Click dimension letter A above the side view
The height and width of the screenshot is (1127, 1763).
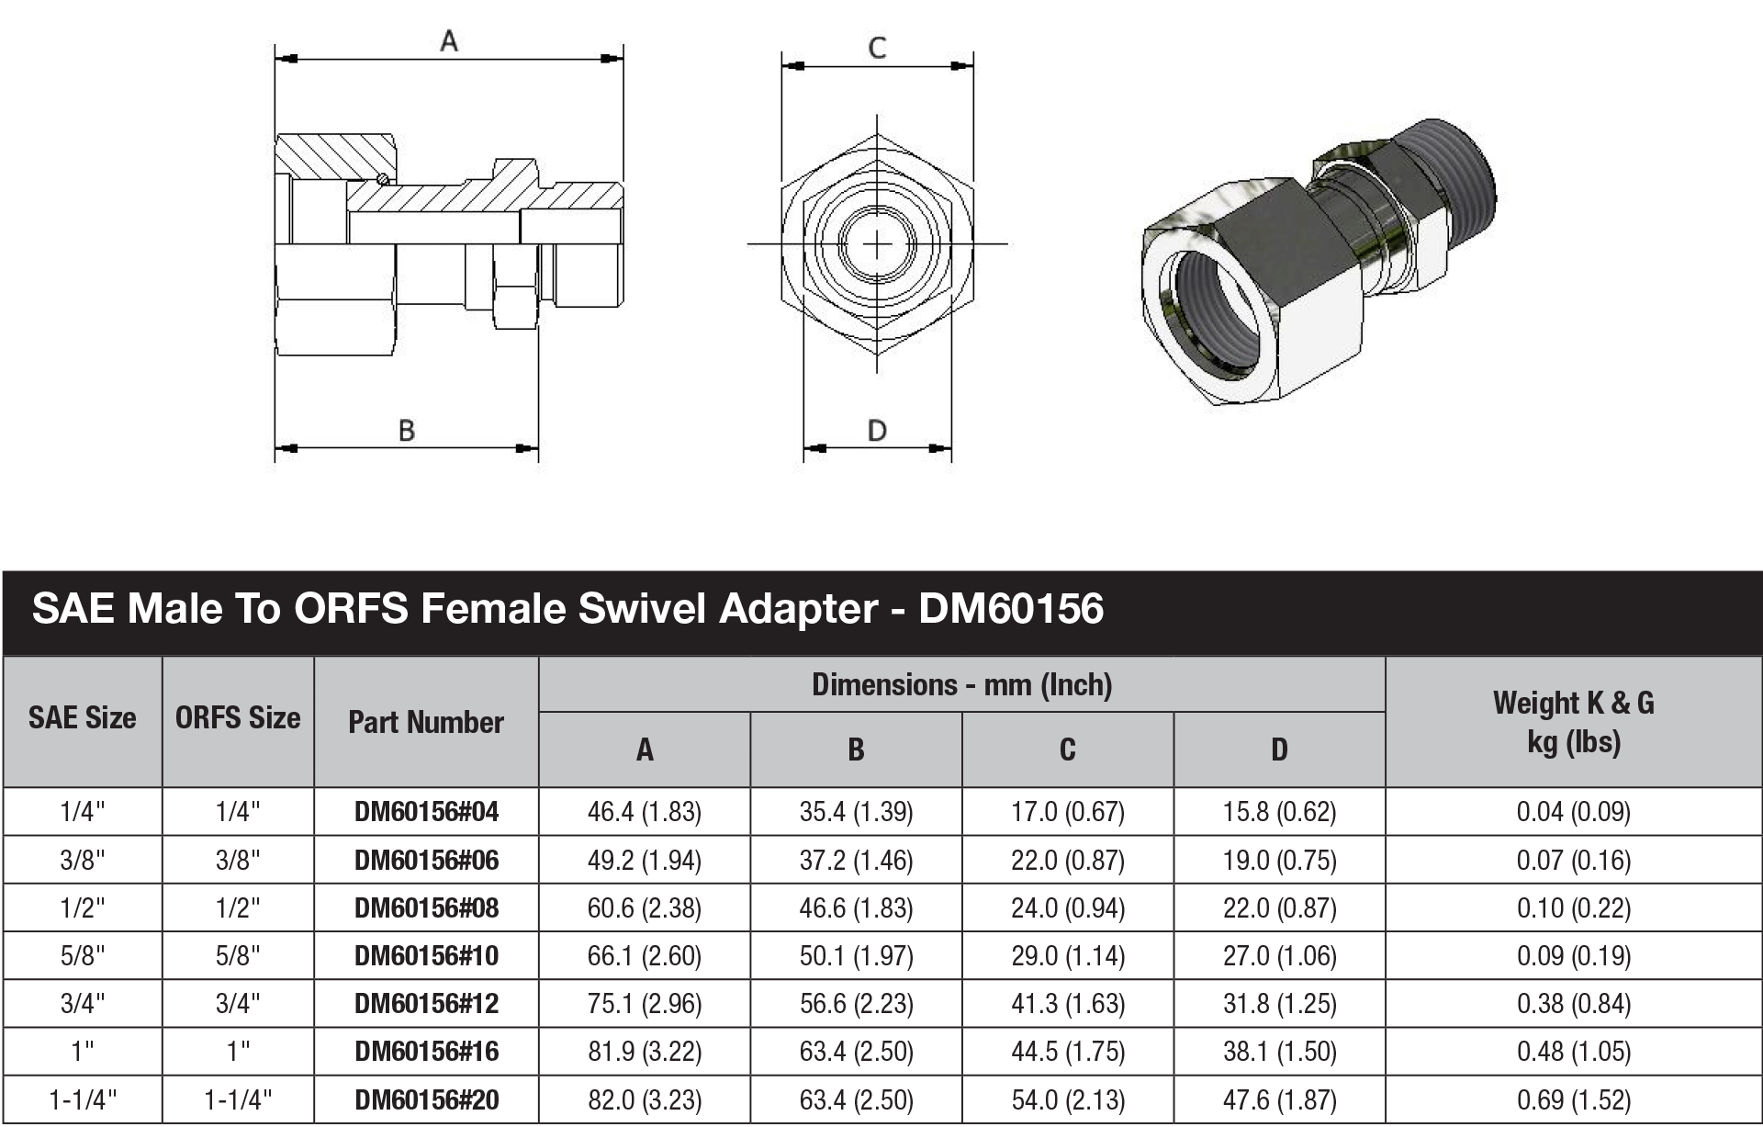coord(448,41)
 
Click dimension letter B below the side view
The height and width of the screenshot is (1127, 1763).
coord(407,430)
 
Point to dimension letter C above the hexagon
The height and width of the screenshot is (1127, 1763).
coord(877,48)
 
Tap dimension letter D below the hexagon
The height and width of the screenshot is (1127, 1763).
coord(877,430)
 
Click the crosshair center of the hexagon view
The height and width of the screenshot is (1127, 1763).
coord(878,244)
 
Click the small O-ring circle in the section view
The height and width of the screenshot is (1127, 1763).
coord(383,178)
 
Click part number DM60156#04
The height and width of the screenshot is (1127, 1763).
coord(426,812)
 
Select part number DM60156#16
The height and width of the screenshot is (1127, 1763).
coord(426,1052)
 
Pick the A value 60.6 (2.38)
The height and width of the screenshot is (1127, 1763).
coord(644,908)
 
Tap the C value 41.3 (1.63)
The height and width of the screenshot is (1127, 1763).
coord(1067,1004)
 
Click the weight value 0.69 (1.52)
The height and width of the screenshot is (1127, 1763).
coord(1573,1099)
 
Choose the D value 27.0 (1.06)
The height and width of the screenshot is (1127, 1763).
coord(1279,956)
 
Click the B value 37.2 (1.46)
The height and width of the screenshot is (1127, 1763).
coord(856,861)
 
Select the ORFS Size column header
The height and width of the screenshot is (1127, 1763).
coord(238,718)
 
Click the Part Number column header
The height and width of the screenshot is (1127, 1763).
coord(426,722)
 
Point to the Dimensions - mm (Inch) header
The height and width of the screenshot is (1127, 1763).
coord(961,685)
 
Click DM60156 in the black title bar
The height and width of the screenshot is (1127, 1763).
coord(1011,609)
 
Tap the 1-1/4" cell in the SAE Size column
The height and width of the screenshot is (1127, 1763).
coord(83,1099)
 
